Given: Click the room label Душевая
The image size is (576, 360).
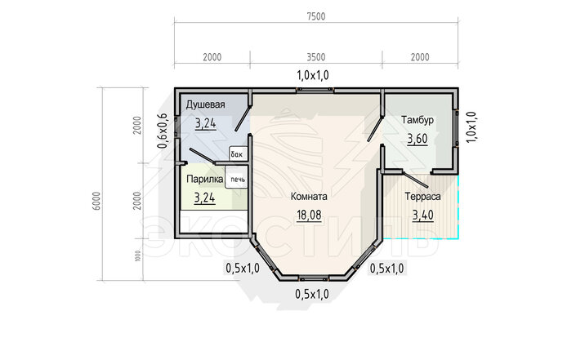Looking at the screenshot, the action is pos(205,105).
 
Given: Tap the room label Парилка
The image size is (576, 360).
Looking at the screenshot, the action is pos(204,179).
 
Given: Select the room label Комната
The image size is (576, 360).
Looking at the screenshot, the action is pos(309,197).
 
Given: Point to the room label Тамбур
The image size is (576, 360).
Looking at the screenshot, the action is pos(417,120).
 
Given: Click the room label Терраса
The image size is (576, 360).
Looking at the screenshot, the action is pos(423,197).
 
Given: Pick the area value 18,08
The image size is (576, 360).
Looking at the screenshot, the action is pos(309,215).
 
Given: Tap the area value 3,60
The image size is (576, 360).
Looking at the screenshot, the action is pos(417,139).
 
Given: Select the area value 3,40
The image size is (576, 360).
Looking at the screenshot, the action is pos(423,215).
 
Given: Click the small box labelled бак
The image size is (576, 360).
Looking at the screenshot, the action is pos(237,154).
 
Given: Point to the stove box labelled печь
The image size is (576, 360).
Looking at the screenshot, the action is pos(237,180).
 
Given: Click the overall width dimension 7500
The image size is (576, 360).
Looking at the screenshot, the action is pos(316,17).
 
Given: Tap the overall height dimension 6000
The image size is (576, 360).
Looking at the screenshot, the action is pos(96,201).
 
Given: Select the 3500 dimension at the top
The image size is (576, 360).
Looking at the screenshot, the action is pos(316,57).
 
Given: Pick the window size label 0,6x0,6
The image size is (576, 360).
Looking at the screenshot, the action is pos(163,131).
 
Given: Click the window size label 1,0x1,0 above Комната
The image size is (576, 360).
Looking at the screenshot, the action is pos(313,75).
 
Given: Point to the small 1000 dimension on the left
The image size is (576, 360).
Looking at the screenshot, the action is pos(137,256).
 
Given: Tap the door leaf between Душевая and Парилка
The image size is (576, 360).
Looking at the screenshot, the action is pos(203,155).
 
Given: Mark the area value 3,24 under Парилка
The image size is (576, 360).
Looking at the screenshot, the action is pos(204,198).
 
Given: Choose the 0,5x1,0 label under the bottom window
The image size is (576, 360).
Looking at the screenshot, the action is pos(312,294).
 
